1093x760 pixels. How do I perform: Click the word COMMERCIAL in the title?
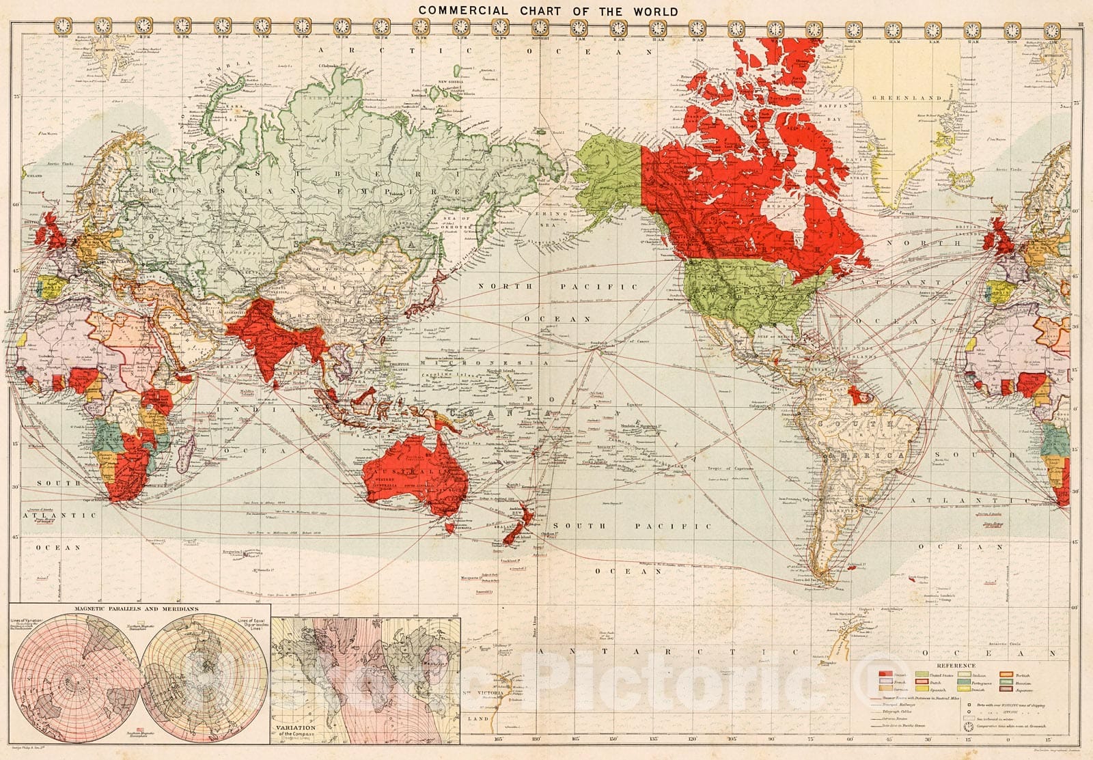pos(462,11)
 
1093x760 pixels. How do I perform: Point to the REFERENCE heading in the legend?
pos(956,666)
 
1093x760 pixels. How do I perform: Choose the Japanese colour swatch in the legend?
pos(1006,689)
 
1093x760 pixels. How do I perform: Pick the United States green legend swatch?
pos(922,674)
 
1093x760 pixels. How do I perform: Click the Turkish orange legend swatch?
pos(1006,675)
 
